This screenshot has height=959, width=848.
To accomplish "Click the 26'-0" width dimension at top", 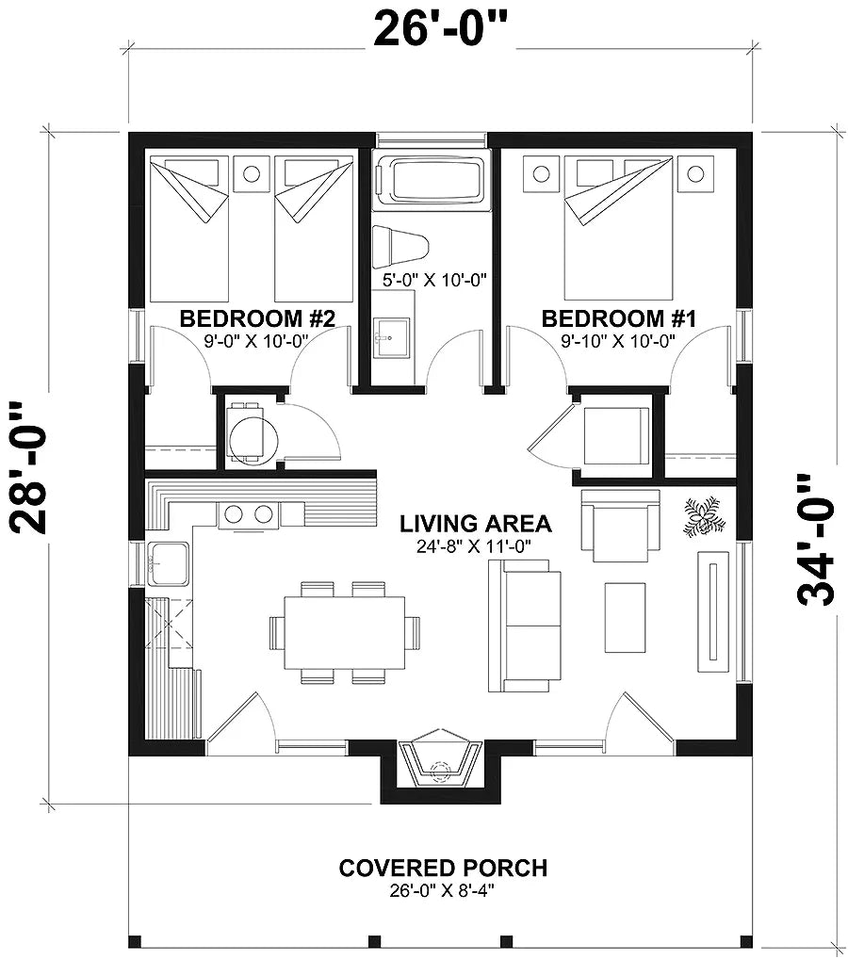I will (441, 28).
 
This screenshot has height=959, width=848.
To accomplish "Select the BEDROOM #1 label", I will (618, 318).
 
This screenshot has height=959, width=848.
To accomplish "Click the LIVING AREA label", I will (476, 523).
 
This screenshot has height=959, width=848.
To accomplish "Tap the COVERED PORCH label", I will (442, 867).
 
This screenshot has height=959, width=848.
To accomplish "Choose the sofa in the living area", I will (518, 625).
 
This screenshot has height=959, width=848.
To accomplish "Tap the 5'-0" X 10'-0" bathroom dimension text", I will (432, 279).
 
